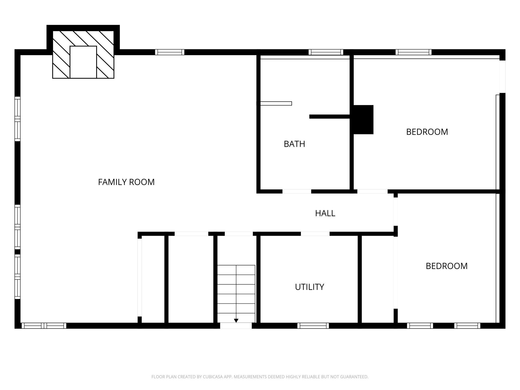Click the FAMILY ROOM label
(x=126, y=182)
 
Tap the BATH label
(x=294, y=144)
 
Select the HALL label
(x=325, y=213)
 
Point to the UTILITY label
(x=309, y=287)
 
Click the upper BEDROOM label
(x=427, y=132)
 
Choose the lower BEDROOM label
(x=446, y=266)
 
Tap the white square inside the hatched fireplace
(x=83, y=62)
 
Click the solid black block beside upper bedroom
(x=363, y=119)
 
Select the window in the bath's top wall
(x=326, y=52)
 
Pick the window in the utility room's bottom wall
(x=313, y=325)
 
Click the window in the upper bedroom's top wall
(x=413, y=52)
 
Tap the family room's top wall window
(x=170, y=52)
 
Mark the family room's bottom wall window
(x=44, y=325)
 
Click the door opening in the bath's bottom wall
(x=297, y=191)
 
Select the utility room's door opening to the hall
(x=315, y=234)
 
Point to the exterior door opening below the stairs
(x=236, y=325)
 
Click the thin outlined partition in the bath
(x=276, y=103)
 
